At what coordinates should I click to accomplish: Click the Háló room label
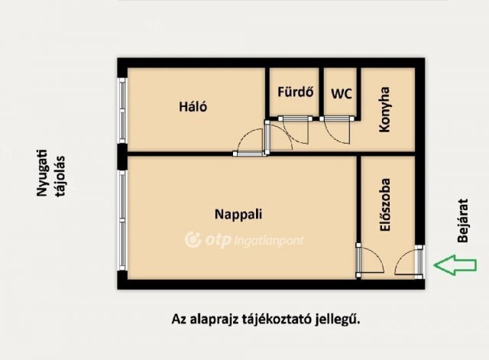[x=193, y=107]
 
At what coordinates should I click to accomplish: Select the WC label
[x=341, y=94]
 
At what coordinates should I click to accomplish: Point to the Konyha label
[x=386, y=110]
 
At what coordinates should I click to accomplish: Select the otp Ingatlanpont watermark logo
[x=244, y=240]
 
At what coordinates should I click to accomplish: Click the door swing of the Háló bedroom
[x=251, y=142]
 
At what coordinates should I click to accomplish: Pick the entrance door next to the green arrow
[x=409, y=262]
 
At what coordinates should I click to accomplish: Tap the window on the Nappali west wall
[x=121, y=219]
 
